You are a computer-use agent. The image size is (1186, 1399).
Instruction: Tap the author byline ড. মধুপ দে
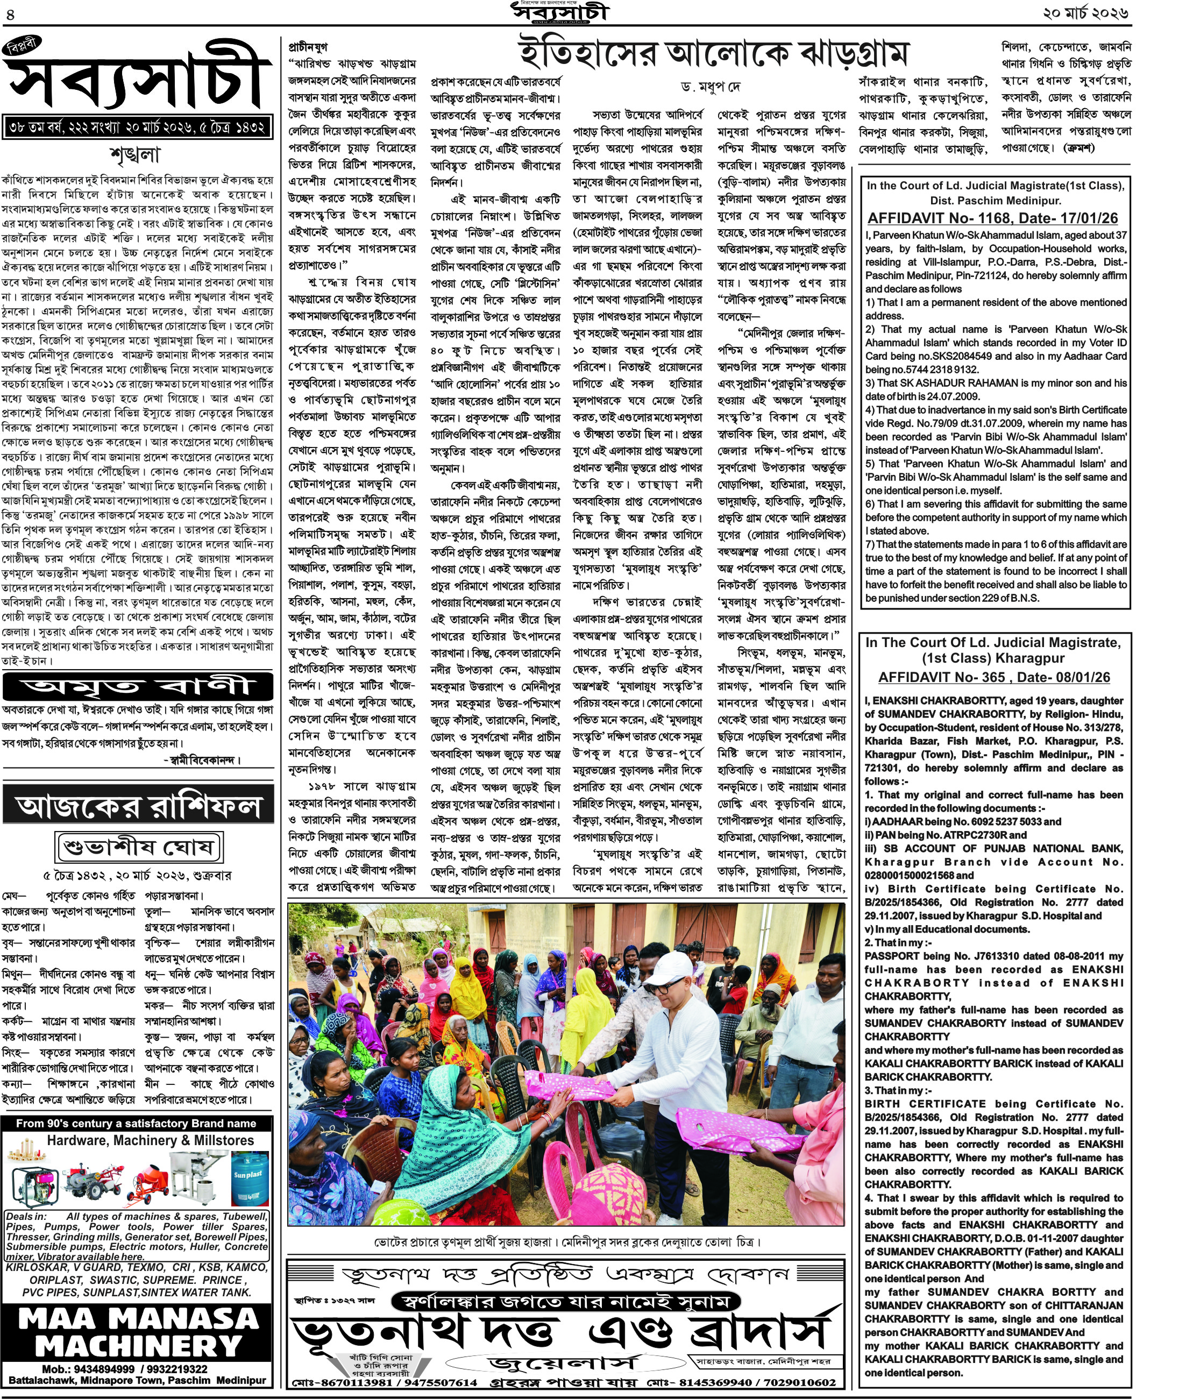pyautogui.click(x=710, y=87)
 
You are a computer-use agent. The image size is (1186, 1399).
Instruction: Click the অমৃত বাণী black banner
pyautogui.click(x=138, y=686)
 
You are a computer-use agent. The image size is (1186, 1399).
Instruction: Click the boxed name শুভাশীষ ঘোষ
pyautogui.click(x=139, y=847)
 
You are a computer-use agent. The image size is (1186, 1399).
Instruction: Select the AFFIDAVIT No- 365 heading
pyautogui.click(x=994, y=677)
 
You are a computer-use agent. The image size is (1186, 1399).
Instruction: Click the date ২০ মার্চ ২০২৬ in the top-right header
pyautogui.click(x=1085, y=13)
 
